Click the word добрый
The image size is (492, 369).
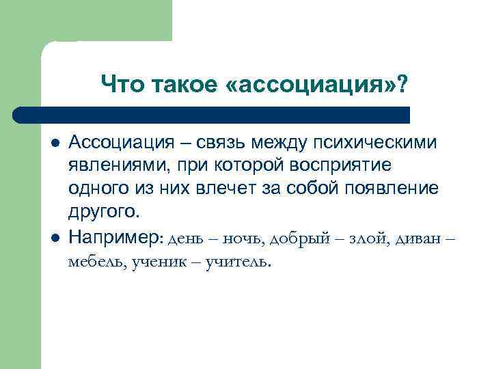297,238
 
